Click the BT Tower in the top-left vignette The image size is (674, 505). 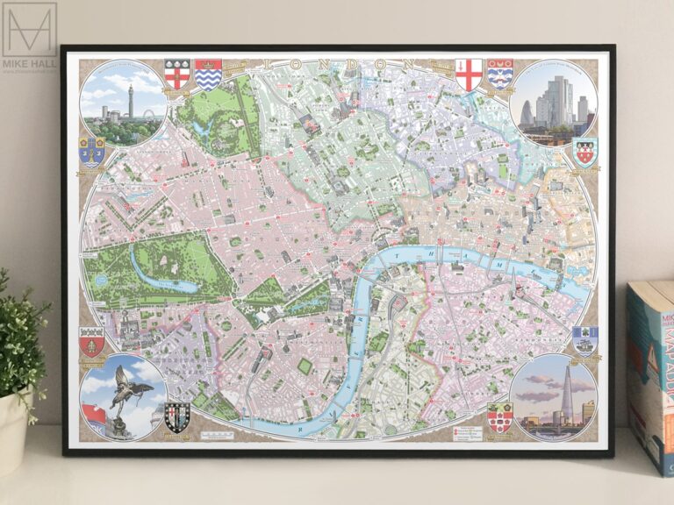[128, 98]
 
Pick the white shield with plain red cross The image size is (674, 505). [470, 75]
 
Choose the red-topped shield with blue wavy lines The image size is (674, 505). [208, 75]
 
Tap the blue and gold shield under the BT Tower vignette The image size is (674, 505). [91, 152]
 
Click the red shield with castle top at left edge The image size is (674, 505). [91, 341]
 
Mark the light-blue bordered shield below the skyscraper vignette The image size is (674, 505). [584, 152]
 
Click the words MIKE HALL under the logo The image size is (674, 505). [28, 64]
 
